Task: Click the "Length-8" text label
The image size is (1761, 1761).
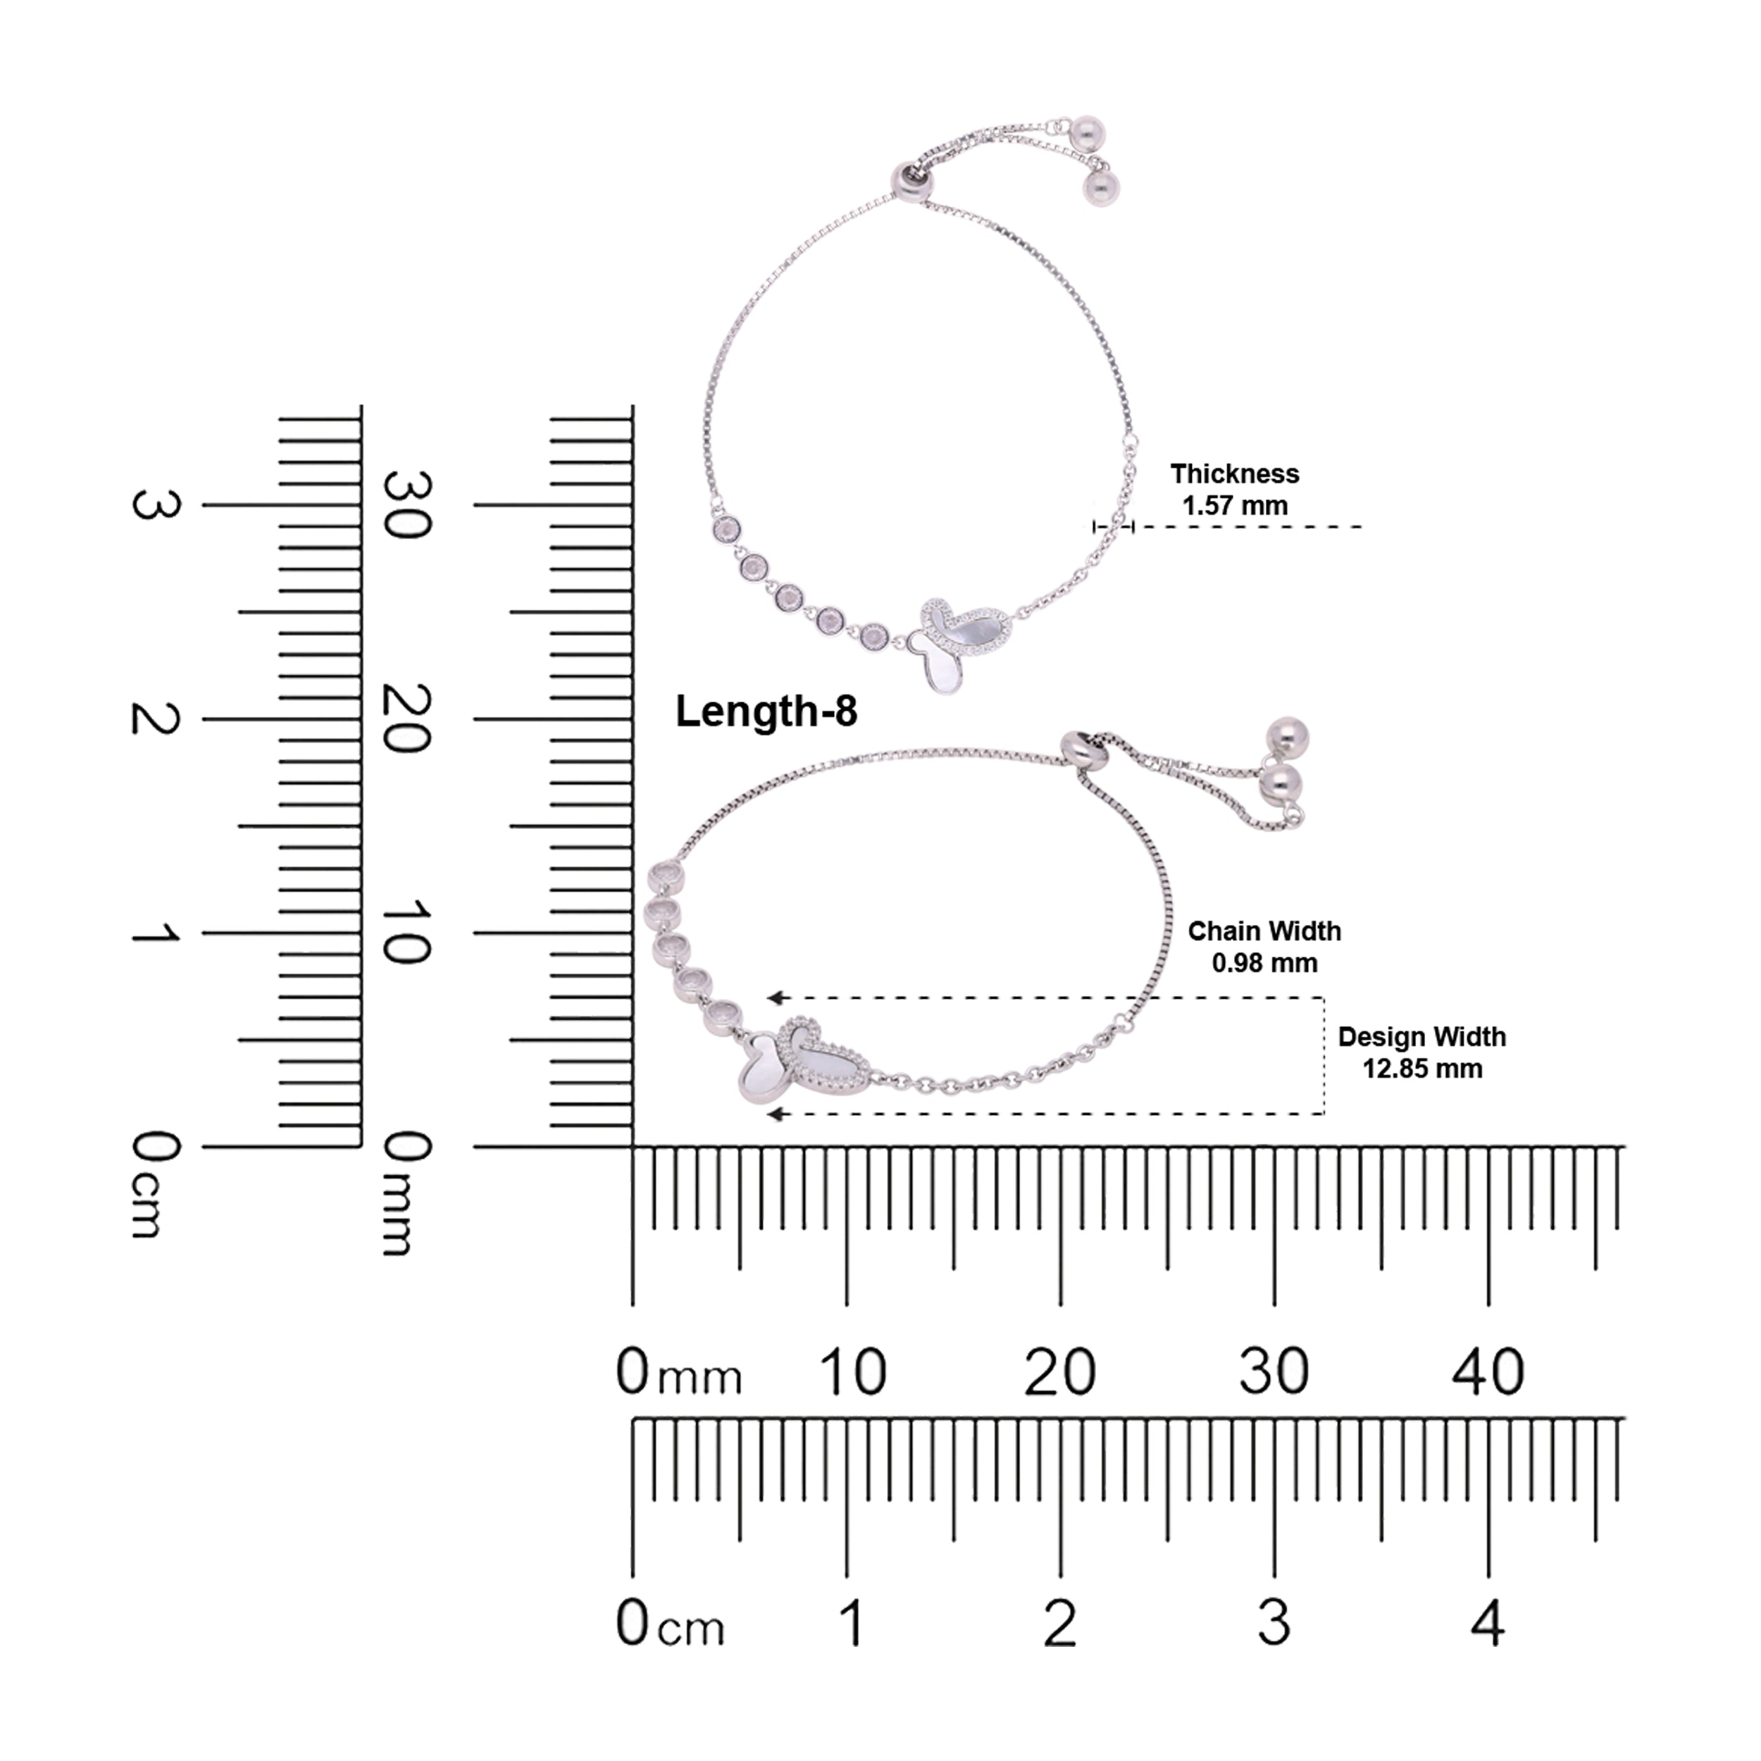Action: pos(766,713)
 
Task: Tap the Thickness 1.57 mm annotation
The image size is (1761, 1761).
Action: pos(1235,490)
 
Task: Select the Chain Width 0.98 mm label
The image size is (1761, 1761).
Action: pos(1264,947)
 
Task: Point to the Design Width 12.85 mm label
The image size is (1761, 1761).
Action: pos(1422,1053)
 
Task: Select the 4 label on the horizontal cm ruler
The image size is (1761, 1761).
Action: pos(1488,1624)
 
